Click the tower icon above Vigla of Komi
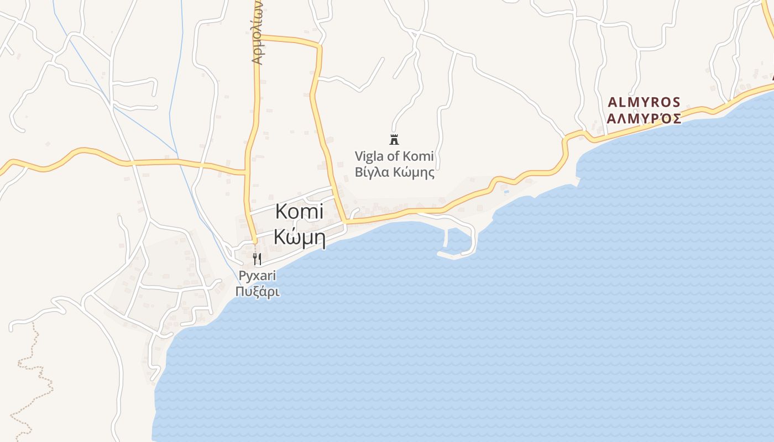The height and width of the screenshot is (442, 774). (x=394, y=139)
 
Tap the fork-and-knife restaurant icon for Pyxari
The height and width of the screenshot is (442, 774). (x=257, y=259)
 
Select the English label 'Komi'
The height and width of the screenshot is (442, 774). (x=299, y=212)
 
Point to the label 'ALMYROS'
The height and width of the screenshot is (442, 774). (x=644, y=102)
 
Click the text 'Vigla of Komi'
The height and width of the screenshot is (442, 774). (x=394, y=156)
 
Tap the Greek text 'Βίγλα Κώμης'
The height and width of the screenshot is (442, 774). (x=394, y=172)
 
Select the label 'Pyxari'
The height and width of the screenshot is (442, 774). (x=257, y=276)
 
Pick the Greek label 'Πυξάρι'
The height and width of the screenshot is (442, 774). (x=257, y=291)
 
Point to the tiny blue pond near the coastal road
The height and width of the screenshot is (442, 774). (x=506, y=192)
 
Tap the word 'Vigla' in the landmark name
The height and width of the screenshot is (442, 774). (x=369, y=156)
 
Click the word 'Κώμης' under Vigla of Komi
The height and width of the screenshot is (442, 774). (x=414, y=172)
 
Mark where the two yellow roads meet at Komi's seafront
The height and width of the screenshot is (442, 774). (x=345, y=222)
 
